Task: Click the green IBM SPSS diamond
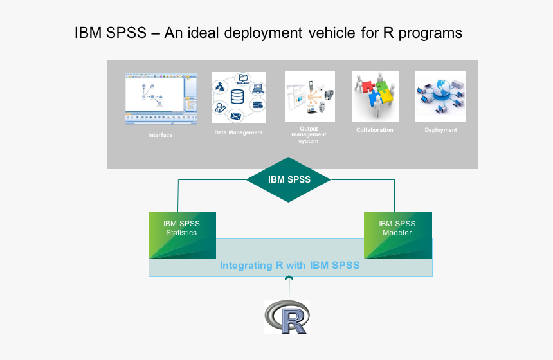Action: click(x=289, y=179)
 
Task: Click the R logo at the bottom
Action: click(x=287, y=317)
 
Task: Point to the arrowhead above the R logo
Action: click(x=289, y=278)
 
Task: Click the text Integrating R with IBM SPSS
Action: click(x=289, y=265)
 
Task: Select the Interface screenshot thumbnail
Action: click(x=161, y=98)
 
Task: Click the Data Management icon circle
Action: click(x=239, y=97)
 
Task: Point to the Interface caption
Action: click(x=160, y=135)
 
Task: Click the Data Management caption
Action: click(x=239, y=132)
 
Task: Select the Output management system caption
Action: click(x=309, y=134)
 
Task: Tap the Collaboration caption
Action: click(x=375, y=130)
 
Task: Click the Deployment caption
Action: click(x=440, y=130)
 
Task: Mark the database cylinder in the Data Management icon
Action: click(x=238, y=97)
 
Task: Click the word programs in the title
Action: click(x=430, y=33)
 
